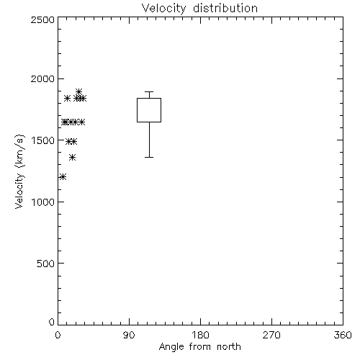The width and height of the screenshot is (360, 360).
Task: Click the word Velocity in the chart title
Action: pyautogui.click(x=163, y=9)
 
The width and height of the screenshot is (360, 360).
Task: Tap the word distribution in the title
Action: pyautogui.click(x=225, y=8)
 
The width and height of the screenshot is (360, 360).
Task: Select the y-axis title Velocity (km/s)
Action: pyautogui.click(x=19, y=171)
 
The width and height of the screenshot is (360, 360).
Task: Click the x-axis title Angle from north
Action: pyautogui.click(x=199, y=346)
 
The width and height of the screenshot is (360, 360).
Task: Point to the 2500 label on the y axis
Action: pyautogui.click(x=42, y=19)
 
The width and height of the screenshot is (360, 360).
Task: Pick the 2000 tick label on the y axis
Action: pyautogui.click(x=42, y=78)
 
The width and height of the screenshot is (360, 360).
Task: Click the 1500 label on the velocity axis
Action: pyautogui.click(x=43, y=140)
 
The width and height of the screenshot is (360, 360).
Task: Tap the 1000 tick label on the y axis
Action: pyautogui.click(x=43, y=202)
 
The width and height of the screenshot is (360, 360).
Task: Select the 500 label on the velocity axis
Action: pyautogui.click(x=46, y=264)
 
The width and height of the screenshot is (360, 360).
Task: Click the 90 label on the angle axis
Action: pyautogui.click(x=129, y=335)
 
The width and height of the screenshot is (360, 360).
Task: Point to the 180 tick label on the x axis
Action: pyautogui.click(x=200, y=335)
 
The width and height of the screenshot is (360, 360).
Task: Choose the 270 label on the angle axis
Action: pyautogui.click(x=271, y=335)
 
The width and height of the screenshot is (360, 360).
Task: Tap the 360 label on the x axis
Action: pyautogui.click(x=343, y=335)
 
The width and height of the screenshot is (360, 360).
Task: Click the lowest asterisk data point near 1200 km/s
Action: pyautogui.click(x=63, y=177)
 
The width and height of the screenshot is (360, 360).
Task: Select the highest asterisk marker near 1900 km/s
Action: pyautogui.click(x=78, y=91)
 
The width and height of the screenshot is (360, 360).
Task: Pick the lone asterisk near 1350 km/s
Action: pyautogui.click(x=73, y=158)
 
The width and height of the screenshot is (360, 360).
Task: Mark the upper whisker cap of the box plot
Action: pyautogui.click(x=149, y=91)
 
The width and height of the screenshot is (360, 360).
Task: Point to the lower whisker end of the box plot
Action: pyautogui.click(x=149, y=157)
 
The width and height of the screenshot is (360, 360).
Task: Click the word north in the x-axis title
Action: pyautogui.click(x=229, y=346)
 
